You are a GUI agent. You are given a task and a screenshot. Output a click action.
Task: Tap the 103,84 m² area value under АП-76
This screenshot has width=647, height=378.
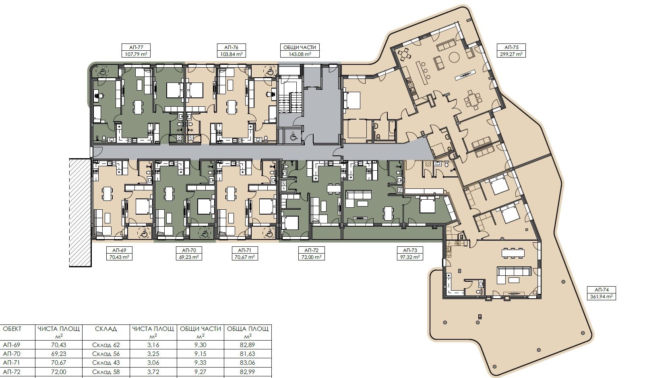coord(231,54)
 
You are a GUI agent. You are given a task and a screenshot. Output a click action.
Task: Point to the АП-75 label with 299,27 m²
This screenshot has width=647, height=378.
coord(511,47)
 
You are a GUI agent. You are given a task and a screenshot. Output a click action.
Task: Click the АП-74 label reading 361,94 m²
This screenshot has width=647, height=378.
coord(601,289)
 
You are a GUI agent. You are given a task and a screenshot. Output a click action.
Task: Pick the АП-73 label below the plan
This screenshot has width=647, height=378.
coord(409,250)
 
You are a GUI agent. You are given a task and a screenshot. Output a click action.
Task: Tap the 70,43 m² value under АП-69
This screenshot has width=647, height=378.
coord(120,257)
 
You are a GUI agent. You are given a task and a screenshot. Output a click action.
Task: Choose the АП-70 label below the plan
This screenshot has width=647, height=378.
coord(189,250)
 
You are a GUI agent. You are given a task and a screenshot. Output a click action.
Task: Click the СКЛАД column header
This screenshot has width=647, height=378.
coord(106,329)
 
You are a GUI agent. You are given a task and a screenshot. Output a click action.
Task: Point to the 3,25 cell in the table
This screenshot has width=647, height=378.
coord(153,354)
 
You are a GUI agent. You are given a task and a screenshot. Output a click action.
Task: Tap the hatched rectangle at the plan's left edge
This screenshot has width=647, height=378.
coord(80,212)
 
